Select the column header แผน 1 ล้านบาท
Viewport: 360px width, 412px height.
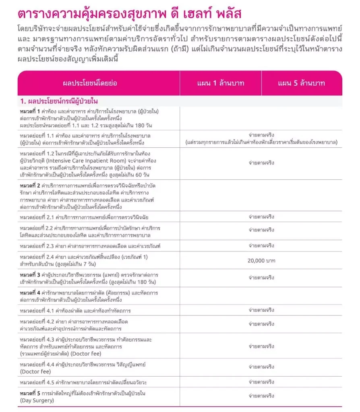click(x=221, y=83)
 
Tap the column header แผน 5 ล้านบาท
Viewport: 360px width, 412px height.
click(x=302, y=83)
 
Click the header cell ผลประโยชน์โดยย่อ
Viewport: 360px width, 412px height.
click(x=95, y=83)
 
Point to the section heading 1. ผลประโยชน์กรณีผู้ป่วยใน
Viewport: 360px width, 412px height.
click(x=58, y=101)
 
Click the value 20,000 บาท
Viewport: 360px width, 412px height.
click(x=261, y=261)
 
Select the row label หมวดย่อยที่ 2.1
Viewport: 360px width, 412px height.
click(x=36, y=217)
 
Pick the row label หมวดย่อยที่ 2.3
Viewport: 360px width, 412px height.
click(x=36, y=245)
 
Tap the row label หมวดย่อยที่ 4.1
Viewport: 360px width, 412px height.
click(x=36, y=311)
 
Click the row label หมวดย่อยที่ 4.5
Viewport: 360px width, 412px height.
click(x=36, y=382)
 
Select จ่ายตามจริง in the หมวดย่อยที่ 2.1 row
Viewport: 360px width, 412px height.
click(x=261, y=217)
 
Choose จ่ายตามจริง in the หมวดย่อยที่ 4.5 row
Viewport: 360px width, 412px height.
click(x=261, y=382)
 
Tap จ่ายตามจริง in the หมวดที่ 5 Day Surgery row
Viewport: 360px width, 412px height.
click(x=261, y=396)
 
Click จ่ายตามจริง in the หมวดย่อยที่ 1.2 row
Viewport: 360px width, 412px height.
click(x=261, y=164)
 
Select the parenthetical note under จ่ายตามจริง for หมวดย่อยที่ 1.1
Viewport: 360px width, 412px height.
click(x=261, y=143)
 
